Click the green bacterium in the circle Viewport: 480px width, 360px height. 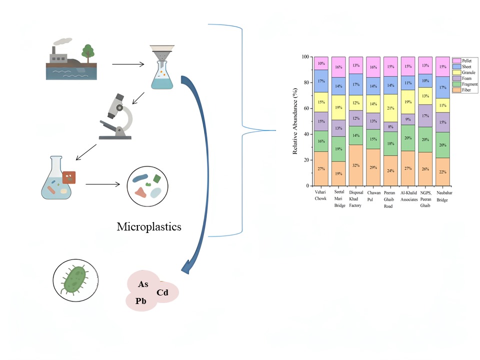(x=75, y=278)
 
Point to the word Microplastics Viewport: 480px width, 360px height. (x=149, y=227)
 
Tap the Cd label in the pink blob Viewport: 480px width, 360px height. (x=162, y=292)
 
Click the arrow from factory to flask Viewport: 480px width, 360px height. (x=128, y=64)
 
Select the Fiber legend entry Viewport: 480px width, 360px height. (x=458, y=90)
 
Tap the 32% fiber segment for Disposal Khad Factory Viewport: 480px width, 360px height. (x=355, y=165)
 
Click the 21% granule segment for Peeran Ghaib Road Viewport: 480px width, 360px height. (x=390, y=107)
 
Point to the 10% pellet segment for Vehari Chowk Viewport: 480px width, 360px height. (x=321, y=63)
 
